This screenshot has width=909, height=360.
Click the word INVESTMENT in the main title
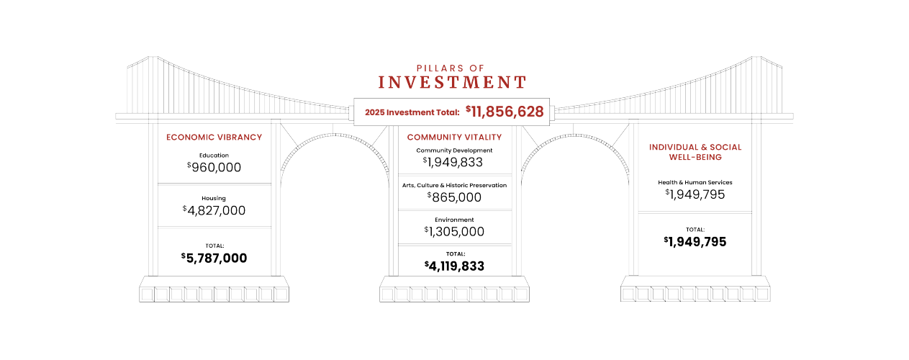pyautogui.click(x=452, y=82)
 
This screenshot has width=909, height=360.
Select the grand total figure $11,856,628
pyautogui.click(x=505, y=112)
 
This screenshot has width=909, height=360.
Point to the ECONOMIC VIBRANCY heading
pyautogui.click(x=214, y=137)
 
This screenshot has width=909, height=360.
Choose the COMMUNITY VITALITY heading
pyautogui.click(x=454, y=137)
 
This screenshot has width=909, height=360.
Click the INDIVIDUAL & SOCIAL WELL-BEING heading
pyautogui.click(x=695, y=151)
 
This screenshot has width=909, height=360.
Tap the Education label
pyautogui.click(x=214, y=155)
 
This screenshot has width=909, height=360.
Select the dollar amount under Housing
pyautogui.click(x=214, y=210)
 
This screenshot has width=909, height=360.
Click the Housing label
pyautogui.click(x=214, y=198)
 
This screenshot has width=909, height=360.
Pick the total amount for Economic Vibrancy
pyautogui.click(x=214, y=258)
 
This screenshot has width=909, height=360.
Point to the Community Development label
pyautogui.click(x=454, y=150)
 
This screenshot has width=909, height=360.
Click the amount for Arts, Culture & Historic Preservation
pyautogui.click(x=454, y=197)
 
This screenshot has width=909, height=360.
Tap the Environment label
pyautogui.click(x=454, y=219)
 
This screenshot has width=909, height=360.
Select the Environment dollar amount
pyautogui.click(x=454, y=231)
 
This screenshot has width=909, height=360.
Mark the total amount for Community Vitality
pyautogui.click(x=454, y=266)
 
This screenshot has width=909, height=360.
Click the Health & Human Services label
pyautogui.click(x=695, y=182)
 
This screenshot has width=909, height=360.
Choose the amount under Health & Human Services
pyautogui.click(x=695, y=194)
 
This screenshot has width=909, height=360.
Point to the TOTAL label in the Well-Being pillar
pyautogui.click(x=695, y=229)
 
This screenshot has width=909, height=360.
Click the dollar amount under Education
pyautogui.click(x=214, y=167)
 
